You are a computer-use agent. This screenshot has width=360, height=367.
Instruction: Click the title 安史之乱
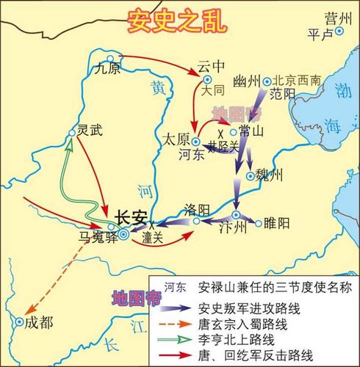coord(179,20)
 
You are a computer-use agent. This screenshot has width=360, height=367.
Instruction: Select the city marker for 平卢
coord(339,32)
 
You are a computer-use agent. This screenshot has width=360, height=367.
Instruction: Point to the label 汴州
coord(231,227)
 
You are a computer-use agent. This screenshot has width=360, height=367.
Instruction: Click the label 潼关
coord(152,238)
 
